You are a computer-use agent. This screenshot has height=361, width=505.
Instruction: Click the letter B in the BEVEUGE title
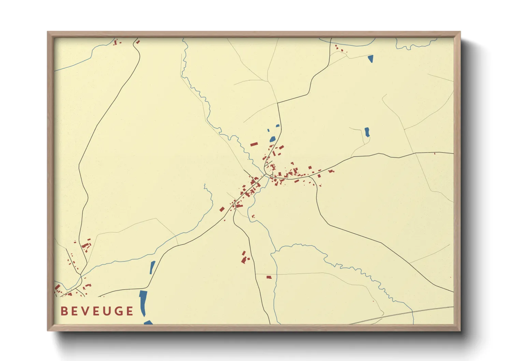pyautogui.click(x=64, y=311)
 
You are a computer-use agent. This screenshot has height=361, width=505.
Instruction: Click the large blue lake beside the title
pyautogui.click(x=143, y=302)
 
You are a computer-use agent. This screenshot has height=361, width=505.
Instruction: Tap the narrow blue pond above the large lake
pyautogui.click(x=152, y=267)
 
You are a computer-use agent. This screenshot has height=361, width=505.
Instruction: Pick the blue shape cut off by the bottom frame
pyautogui.click(x=148, y=322)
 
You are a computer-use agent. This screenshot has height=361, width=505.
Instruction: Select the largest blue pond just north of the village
pyautogui.click(x=272, y=139)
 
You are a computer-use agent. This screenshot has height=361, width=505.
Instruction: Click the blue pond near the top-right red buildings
pyautogui.click(x=371, y=59)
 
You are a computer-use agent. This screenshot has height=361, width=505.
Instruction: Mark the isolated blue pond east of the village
pyautogui.click(x=367, y=132)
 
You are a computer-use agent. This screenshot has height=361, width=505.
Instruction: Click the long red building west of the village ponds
pyautogui.click(x=254, y=145)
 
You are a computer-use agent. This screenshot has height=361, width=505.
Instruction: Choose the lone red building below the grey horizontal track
pyautogui.click(x=269, y=277)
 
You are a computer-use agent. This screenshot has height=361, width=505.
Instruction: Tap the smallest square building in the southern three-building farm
pyautogui.click(x=248, y=259)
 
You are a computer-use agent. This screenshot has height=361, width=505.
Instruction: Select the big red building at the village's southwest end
pyautogui.click(x=222, y=209)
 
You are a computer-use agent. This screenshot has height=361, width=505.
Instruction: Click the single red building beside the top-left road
pyautogui.click(x=138, y=42)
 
